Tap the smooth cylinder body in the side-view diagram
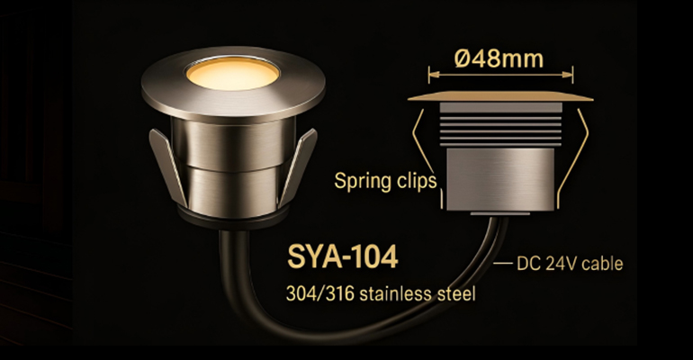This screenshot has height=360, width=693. pyautogui.click(x=499, y=176)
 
